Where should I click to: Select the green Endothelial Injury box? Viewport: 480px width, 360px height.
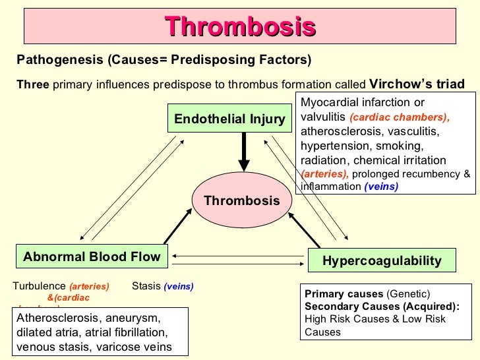pos(229,119)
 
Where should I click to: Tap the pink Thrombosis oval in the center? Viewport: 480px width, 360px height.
pos(241,200)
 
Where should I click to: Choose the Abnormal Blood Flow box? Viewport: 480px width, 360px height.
pos(92,257)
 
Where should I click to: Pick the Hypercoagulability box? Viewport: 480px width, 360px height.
pos(382,261)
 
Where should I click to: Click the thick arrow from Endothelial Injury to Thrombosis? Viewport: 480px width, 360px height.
pos(243,152)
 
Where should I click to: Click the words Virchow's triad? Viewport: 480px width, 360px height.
pos(417,84)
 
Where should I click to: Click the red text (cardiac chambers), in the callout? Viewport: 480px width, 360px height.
pos(399,118)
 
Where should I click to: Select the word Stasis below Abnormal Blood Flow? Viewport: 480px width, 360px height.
pos(146,286)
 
